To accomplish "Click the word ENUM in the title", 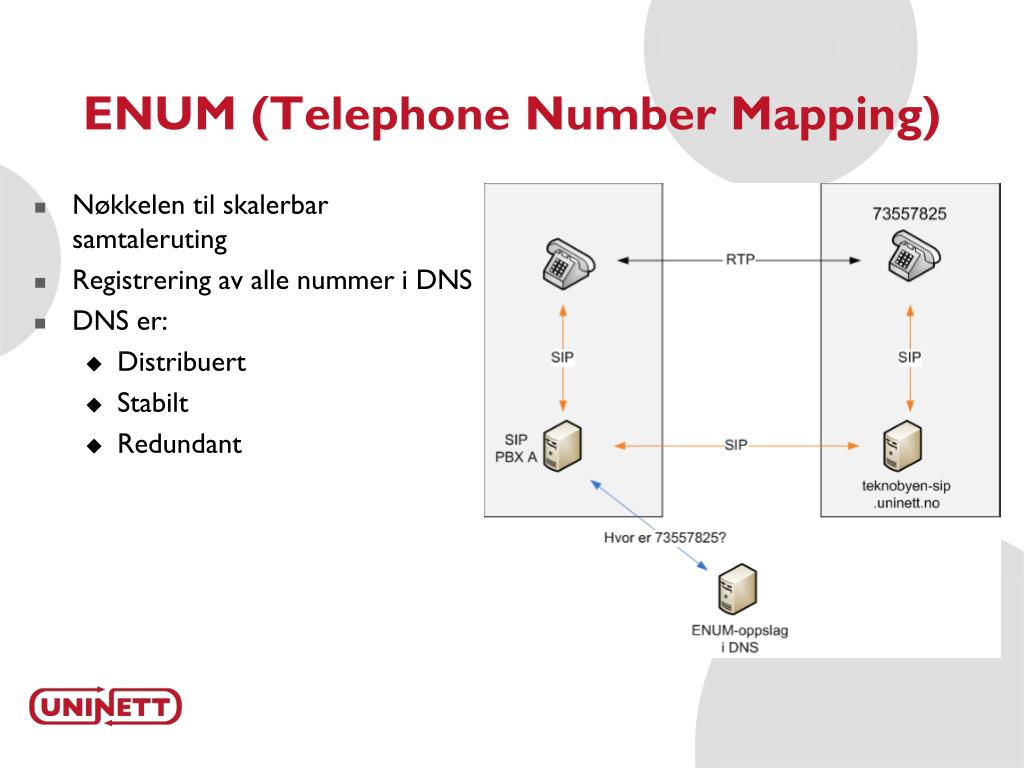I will point(160,114).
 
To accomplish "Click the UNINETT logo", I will point(105,707).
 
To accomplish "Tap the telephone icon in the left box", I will point(566,262).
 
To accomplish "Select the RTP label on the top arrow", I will point(740,259).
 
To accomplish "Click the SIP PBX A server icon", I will point(563,447).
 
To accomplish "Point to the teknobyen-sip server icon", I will point(903,447).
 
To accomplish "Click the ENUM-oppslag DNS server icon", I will point(738,590).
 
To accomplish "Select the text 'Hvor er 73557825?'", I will point(664,537).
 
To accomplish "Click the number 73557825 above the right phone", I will point(909,213).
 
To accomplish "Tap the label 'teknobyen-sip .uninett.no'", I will point(906,494).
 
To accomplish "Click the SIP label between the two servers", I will point(735,445).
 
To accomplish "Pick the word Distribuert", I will point(181,362).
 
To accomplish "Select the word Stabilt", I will point(153,403).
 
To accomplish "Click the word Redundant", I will point(179,444).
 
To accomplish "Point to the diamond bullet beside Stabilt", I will point(94,405).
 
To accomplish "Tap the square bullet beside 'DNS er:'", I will point(41,324).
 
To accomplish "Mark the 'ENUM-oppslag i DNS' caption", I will point(739,638).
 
